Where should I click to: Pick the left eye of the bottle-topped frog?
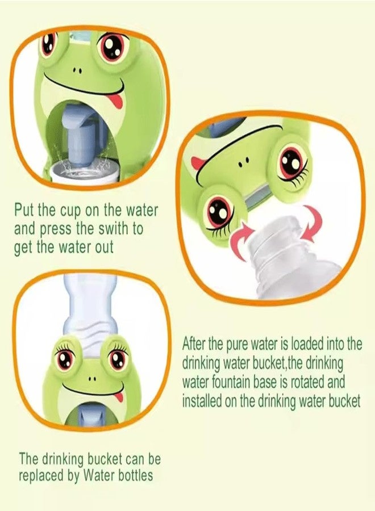pos(64,359)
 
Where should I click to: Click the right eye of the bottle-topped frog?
pos(118,359)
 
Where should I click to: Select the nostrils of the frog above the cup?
pos(77,72)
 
